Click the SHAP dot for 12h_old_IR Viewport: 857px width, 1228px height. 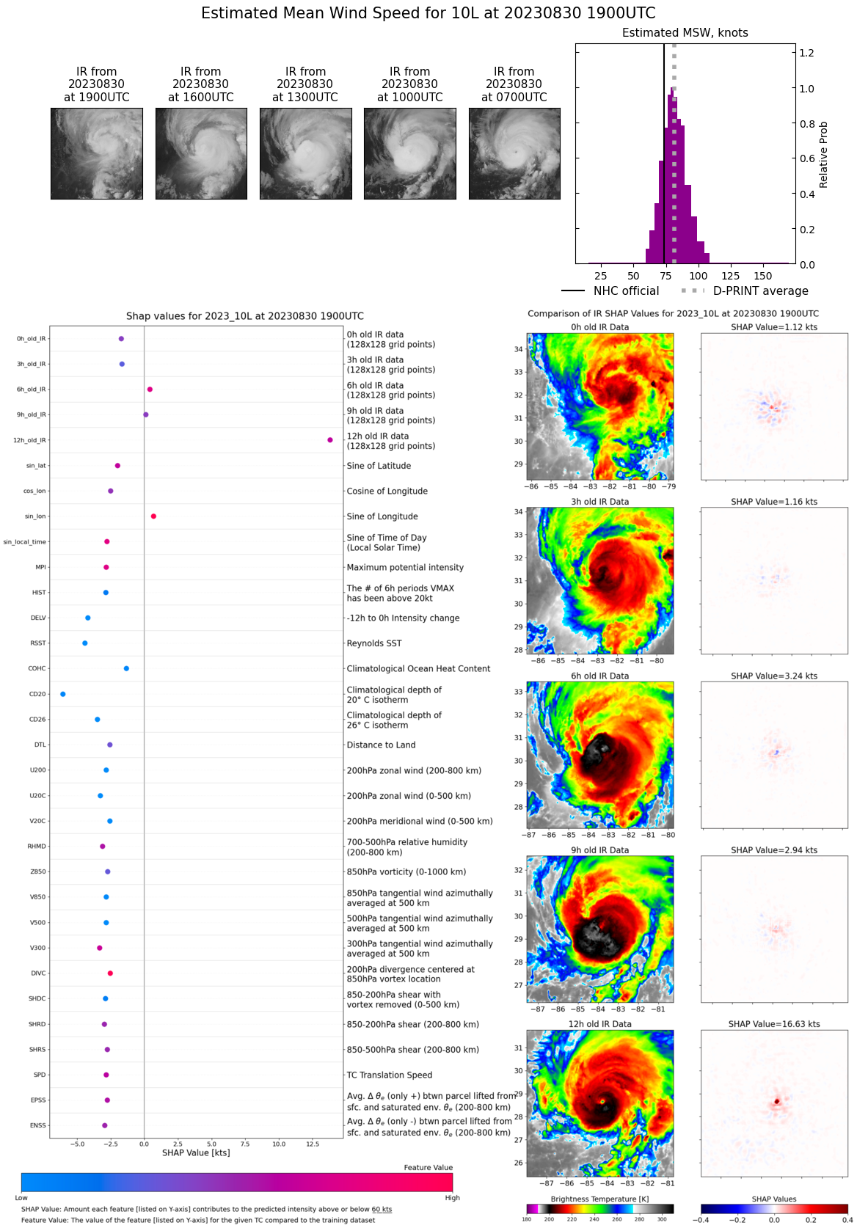coord(330,440)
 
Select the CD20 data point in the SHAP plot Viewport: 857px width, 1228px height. coord(62,694)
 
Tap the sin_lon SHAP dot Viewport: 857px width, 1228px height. coord(153,516)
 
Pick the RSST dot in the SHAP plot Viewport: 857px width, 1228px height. coord(85,643)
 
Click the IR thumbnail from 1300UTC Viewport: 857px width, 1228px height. coord(305,153)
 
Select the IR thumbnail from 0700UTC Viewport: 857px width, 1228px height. coord(514,153)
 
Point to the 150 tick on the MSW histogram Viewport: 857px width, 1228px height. coord(763,276)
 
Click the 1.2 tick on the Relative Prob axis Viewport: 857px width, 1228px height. coord(806,53)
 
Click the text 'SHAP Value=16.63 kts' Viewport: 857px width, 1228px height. coord(774,1024)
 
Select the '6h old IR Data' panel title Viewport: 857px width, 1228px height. coord(599,676)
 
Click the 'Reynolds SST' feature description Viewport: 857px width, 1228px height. coord(374,643)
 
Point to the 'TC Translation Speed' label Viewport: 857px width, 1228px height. coord(389,1075)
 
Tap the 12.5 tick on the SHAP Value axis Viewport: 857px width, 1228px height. coord(313,1144)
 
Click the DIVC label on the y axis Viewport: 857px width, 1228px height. coord(38,973)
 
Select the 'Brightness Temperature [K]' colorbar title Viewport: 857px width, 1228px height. coord(599,1199)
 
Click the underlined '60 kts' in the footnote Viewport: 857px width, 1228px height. coord(382,1210)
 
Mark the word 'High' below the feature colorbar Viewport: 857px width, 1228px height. coord(452,1198)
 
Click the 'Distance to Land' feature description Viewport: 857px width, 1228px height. coord(381,745)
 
